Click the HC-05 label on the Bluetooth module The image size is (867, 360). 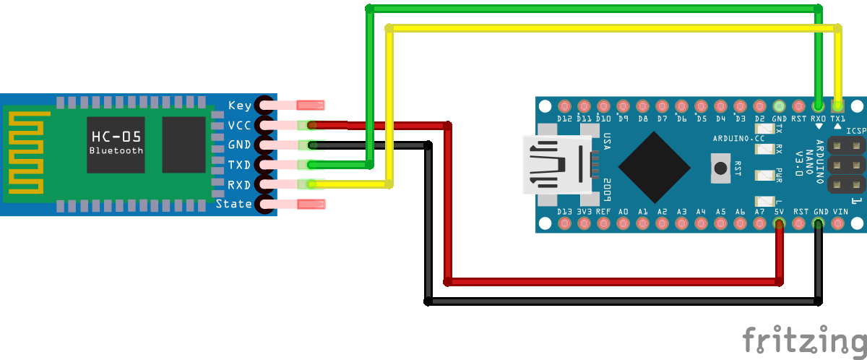coord(116,137)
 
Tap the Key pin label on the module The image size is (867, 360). coord(240,106)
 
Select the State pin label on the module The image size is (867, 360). coord(234,204)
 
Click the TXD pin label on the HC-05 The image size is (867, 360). coord(240,165)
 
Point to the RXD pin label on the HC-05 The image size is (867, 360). coord(240,184)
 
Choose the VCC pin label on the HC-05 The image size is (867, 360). coord(240,125)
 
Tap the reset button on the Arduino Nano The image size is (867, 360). coord(720,168)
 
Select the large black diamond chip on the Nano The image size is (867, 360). coord(655,166)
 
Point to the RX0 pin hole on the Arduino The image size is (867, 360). coord(819,105)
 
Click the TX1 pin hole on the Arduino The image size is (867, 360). coord(837,105)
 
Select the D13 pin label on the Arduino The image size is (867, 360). coord(564,212)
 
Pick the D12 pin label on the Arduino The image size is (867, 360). coord(564,118)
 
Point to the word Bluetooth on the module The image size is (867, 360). coord(116,150)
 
